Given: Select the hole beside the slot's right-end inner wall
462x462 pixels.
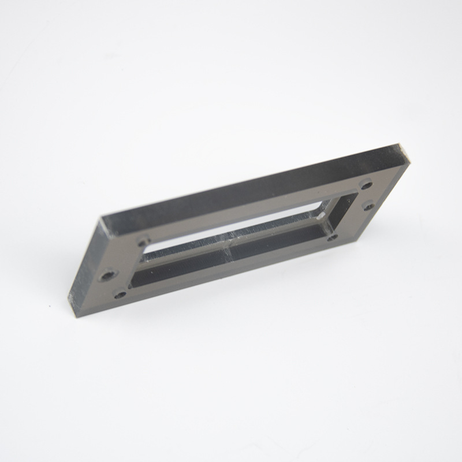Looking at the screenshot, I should click(331, 237).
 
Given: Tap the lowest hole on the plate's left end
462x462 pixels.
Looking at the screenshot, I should click(120, 295).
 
